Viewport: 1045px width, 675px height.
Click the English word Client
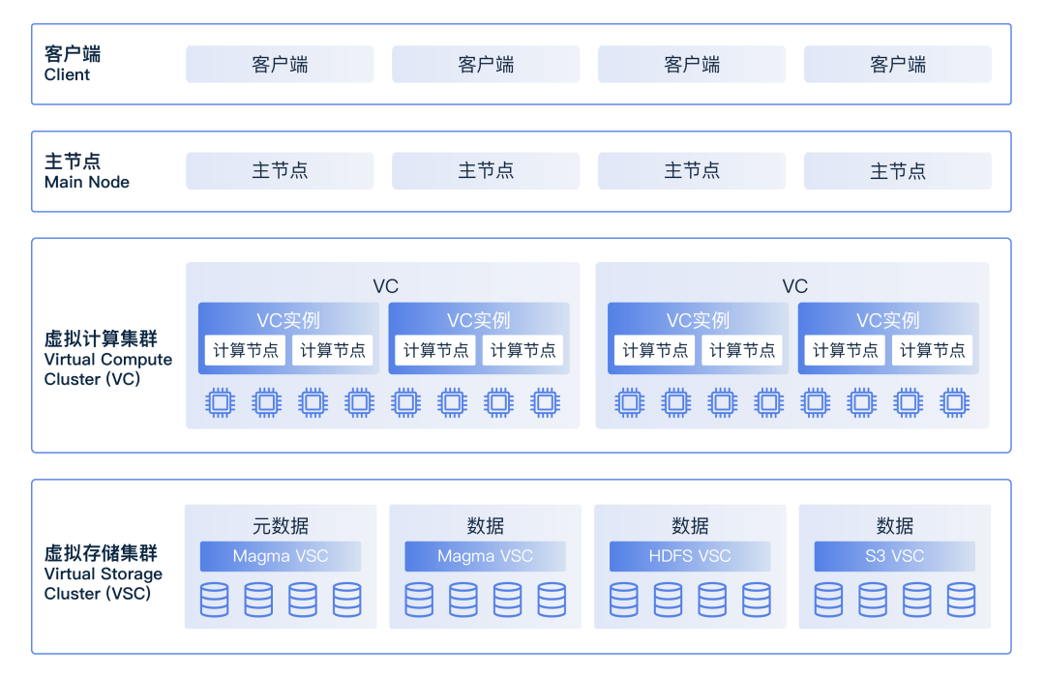coord(67,74)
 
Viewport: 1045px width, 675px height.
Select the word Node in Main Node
coord(107,182)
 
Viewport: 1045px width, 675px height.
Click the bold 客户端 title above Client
coord(73,54)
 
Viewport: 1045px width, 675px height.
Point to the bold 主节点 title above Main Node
coord(73,161)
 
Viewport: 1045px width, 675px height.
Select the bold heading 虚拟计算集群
coord(101,338)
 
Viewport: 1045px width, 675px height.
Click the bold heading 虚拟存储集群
coord(101,553)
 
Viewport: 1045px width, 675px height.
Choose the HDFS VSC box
coord(690,556)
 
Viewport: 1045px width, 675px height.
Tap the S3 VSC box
coord(894,556)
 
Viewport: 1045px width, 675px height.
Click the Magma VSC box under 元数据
coord(281,556)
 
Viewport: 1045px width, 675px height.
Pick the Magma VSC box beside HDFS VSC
coord(485,556)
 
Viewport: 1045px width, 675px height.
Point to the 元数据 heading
coord(281,526)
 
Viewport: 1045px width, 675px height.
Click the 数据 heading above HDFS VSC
coord(690,526)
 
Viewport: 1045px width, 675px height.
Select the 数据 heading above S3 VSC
coord(895,526)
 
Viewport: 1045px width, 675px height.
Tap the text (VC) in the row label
coord(122,379)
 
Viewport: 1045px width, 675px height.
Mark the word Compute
coord(136,359)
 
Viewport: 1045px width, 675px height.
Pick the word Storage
coord(132,573)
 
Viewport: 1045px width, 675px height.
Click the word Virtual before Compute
coord(70,359)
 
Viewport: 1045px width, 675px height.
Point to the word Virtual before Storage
coord(70,573)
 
